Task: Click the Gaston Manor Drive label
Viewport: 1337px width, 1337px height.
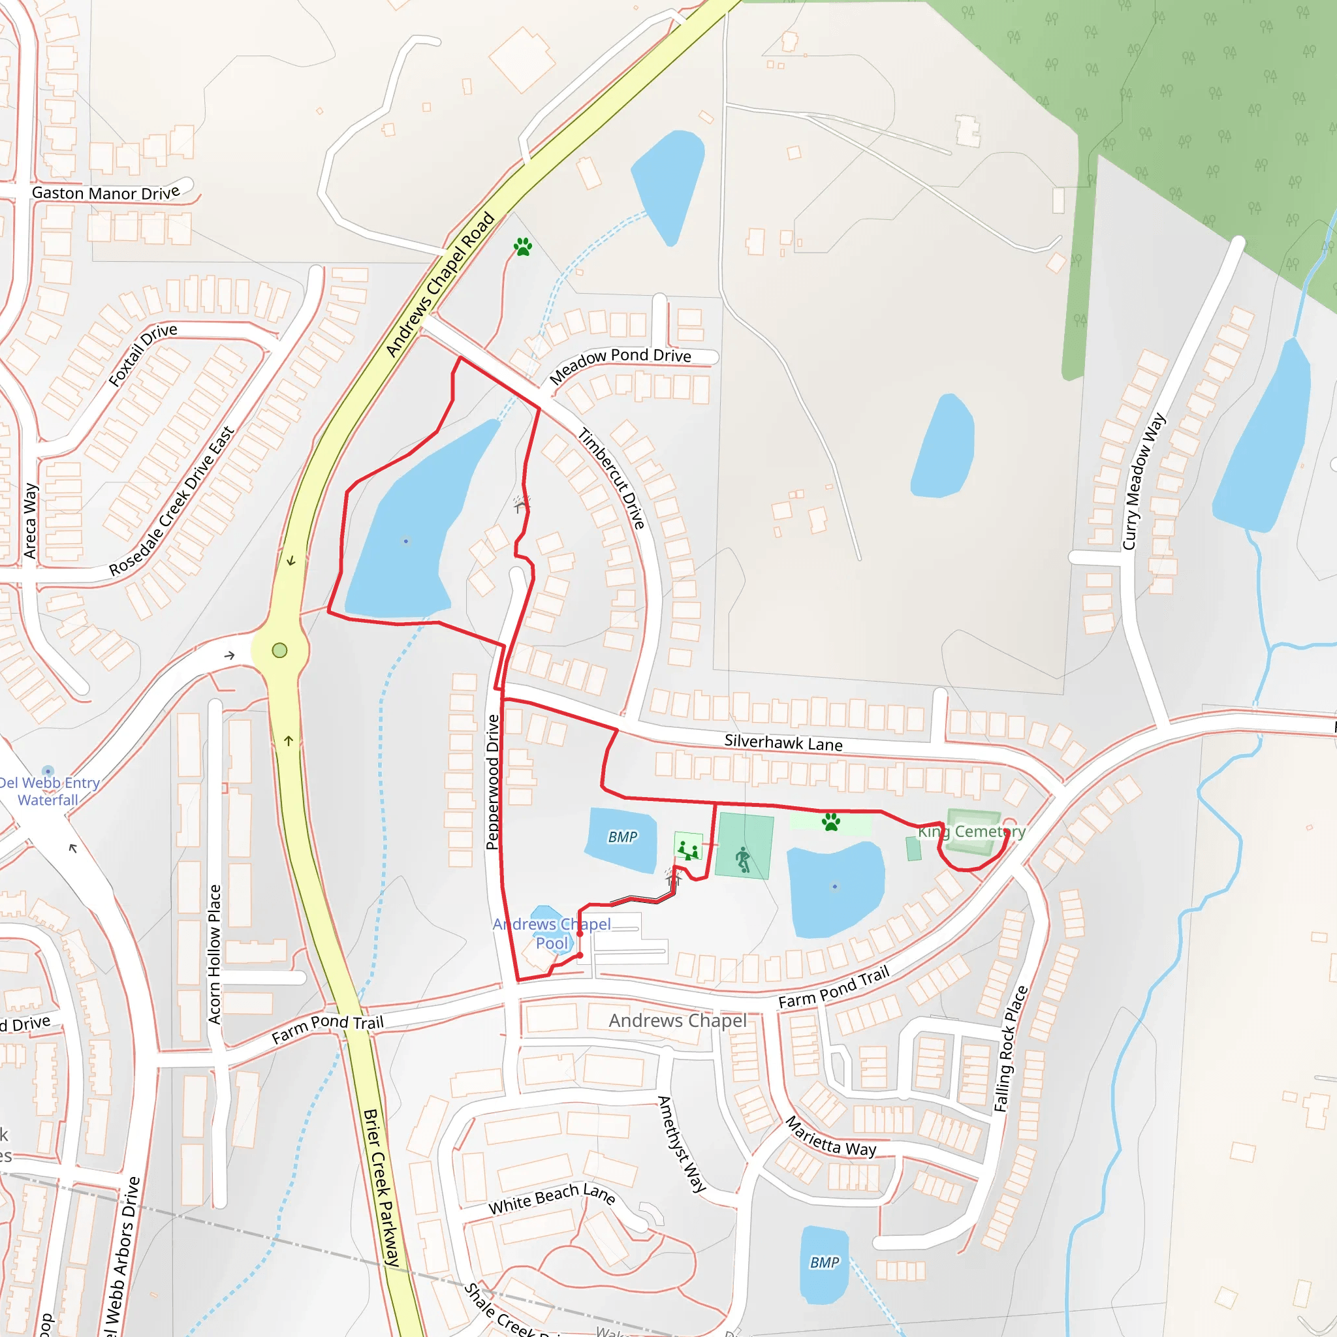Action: click(x=105, y=193)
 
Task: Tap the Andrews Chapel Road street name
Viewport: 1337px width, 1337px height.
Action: click(x=440, y=285)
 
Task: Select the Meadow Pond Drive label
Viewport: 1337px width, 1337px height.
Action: click(x=620, y=365)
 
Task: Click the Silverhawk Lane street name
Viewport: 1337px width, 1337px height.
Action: click(x=783, y=743)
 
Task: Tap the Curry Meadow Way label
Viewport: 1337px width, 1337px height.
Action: click(x=1143, y=482)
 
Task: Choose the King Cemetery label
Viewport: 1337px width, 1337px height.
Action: click(x=971, y=832)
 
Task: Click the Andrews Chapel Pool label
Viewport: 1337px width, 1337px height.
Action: click(x=552, y=934)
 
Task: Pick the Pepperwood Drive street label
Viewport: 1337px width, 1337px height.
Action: click(x=493, y=782)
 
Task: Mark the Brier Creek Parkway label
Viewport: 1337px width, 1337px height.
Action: click(x=381, y=1188)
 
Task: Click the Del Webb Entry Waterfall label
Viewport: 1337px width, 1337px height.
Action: click(x=48, y=791)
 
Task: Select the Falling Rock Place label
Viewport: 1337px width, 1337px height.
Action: click(x=1011, y=1049)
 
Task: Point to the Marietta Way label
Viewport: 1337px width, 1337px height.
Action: click(x=830, y=1137)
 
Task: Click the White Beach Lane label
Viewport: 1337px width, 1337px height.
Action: click(x=552, y=1199)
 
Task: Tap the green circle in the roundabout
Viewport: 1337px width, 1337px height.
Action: click(x=279, y=650)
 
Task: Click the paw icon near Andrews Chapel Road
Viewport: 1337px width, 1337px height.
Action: click(x=523, y=246)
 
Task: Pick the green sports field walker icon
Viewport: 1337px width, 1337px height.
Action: click(x=743, y=859)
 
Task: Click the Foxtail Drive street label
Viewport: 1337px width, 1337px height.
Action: click(x=142, y=354)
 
